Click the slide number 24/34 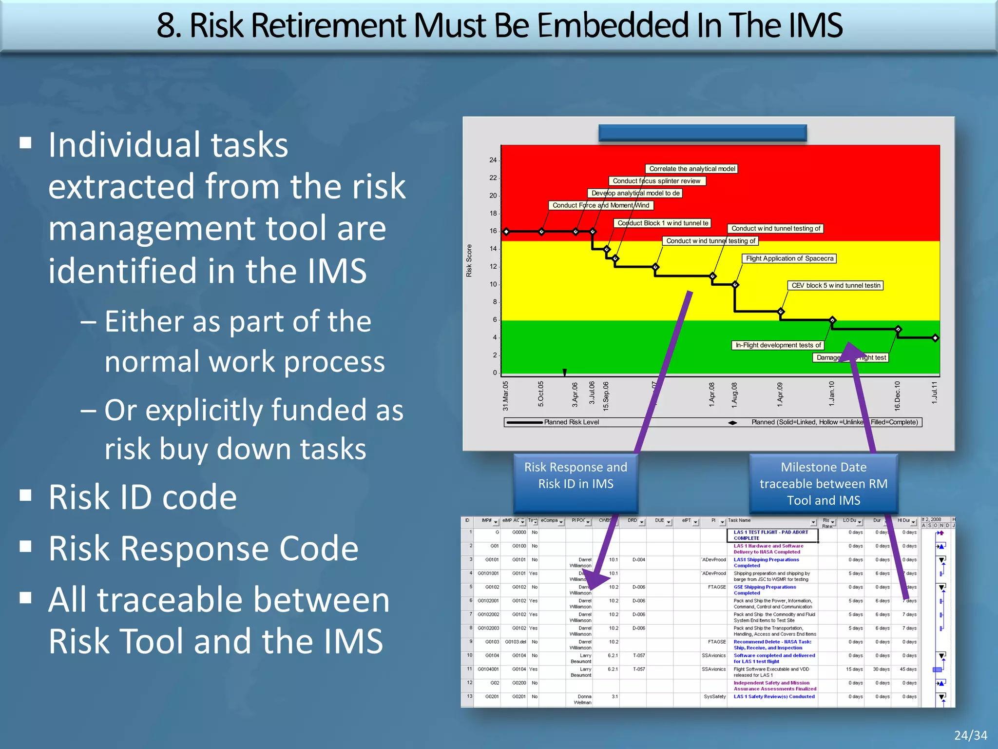coord(970,735)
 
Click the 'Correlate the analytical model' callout coord(691,169)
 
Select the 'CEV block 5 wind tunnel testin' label coord(835,285)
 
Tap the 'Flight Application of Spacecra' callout coord(789,258)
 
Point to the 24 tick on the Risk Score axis coord(493,160)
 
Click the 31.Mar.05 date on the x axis coord(506,395)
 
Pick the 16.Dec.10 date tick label coord(897,395)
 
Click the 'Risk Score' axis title coord(469,261)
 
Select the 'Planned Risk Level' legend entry coord(571,422)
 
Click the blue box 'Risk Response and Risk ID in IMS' coord(576,475)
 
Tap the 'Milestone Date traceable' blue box coord(824,483)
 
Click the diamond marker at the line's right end coord(935,338)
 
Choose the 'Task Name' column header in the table coord(739,520)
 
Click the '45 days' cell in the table coord(908,669)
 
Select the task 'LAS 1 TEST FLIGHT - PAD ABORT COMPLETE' coord(771,535)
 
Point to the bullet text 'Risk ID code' coord(142,497)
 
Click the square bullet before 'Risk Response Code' coord(26,546)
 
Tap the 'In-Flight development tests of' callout coord(778,345)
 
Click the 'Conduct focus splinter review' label coord(656,181)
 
